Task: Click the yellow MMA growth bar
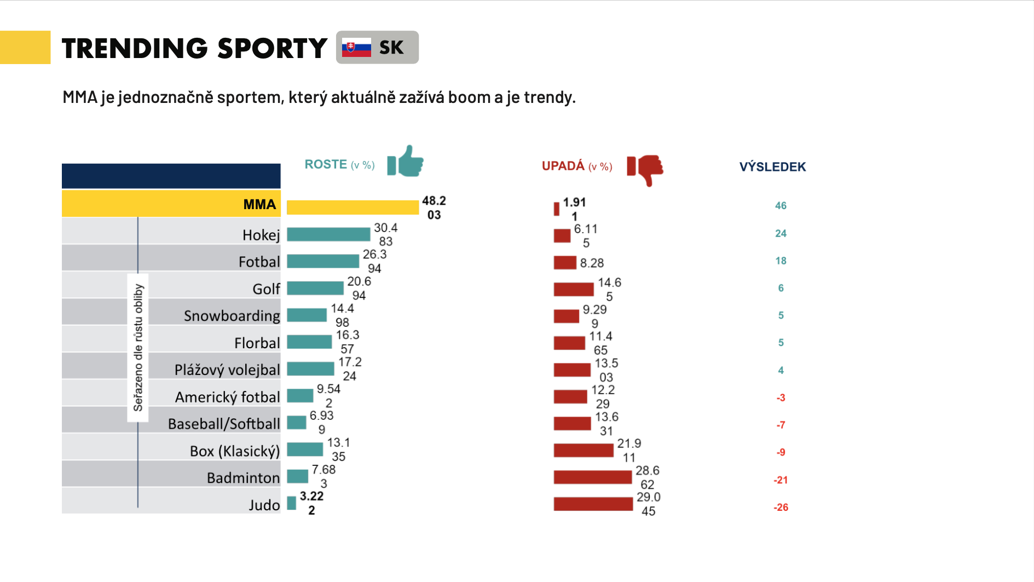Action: [353, 208]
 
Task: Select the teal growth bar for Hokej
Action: [328, 234]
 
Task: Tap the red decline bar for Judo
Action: [593, 504]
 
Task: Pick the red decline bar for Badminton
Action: [592, 477]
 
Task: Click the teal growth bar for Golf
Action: [315, 288]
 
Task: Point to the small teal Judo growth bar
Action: [292, 503]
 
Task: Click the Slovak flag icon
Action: [356, 48]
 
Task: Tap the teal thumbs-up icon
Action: [406, 161]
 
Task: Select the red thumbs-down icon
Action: [646, 169]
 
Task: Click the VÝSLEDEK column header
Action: [772, 167]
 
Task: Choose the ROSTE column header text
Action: [326, 164]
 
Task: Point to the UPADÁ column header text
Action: [563, 166]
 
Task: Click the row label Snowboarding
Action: [232, 316]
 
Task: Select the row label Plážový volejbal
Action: [227, 370]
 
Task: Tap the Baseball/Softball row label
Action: [223, 424]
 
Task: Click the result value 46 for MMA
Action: [781, 206]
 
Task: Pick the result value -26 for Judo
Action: [781, 508]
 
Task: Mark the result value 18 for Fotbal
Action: [781, 261]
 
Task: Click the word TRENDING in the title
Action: [135, 48]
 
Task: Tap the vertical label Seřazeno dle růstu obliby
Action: [138, 348]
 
